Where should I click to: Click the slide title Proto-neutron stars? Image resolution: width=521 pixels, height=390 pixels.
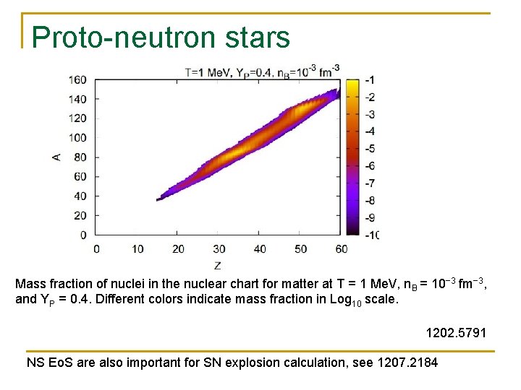point(161,38)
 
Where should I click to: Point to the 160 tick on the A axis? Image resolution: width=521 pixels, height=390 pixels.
point(77,79)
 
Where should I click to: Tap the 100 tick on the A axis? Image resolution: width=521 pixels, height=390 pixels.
point(77,137)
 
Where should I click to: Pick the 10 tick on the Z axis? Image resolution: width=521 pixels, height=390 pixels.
point(137,249)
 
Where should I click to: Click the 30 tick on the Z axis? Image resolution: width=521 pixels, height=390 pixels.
point(219,249)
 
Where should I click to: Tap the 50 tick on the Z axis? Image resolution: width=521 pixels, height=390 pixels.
point(301,249)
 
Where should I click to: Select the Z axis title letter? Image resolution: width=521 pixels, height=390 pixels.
point(218,266)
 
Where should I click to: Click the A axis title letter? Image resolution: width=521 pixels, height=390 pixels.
point(58,156)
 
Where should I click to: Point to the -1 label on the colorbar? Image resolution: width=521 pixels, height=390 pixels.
point(369,79)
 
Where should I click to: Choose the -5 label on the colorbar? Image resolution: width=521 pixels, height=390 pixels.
point(369,148)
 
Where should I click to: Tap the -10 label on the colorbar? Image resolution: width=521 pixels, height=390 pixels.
point(370,235)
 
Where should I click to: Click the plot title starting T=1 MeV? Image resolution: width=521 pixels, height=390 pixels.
point(262,71)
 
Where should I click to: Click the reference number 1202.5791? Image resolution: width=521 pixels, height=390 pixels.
point(457,333)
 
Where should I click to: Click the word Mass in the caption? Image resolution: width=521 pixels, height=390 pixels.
point(30,284)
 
